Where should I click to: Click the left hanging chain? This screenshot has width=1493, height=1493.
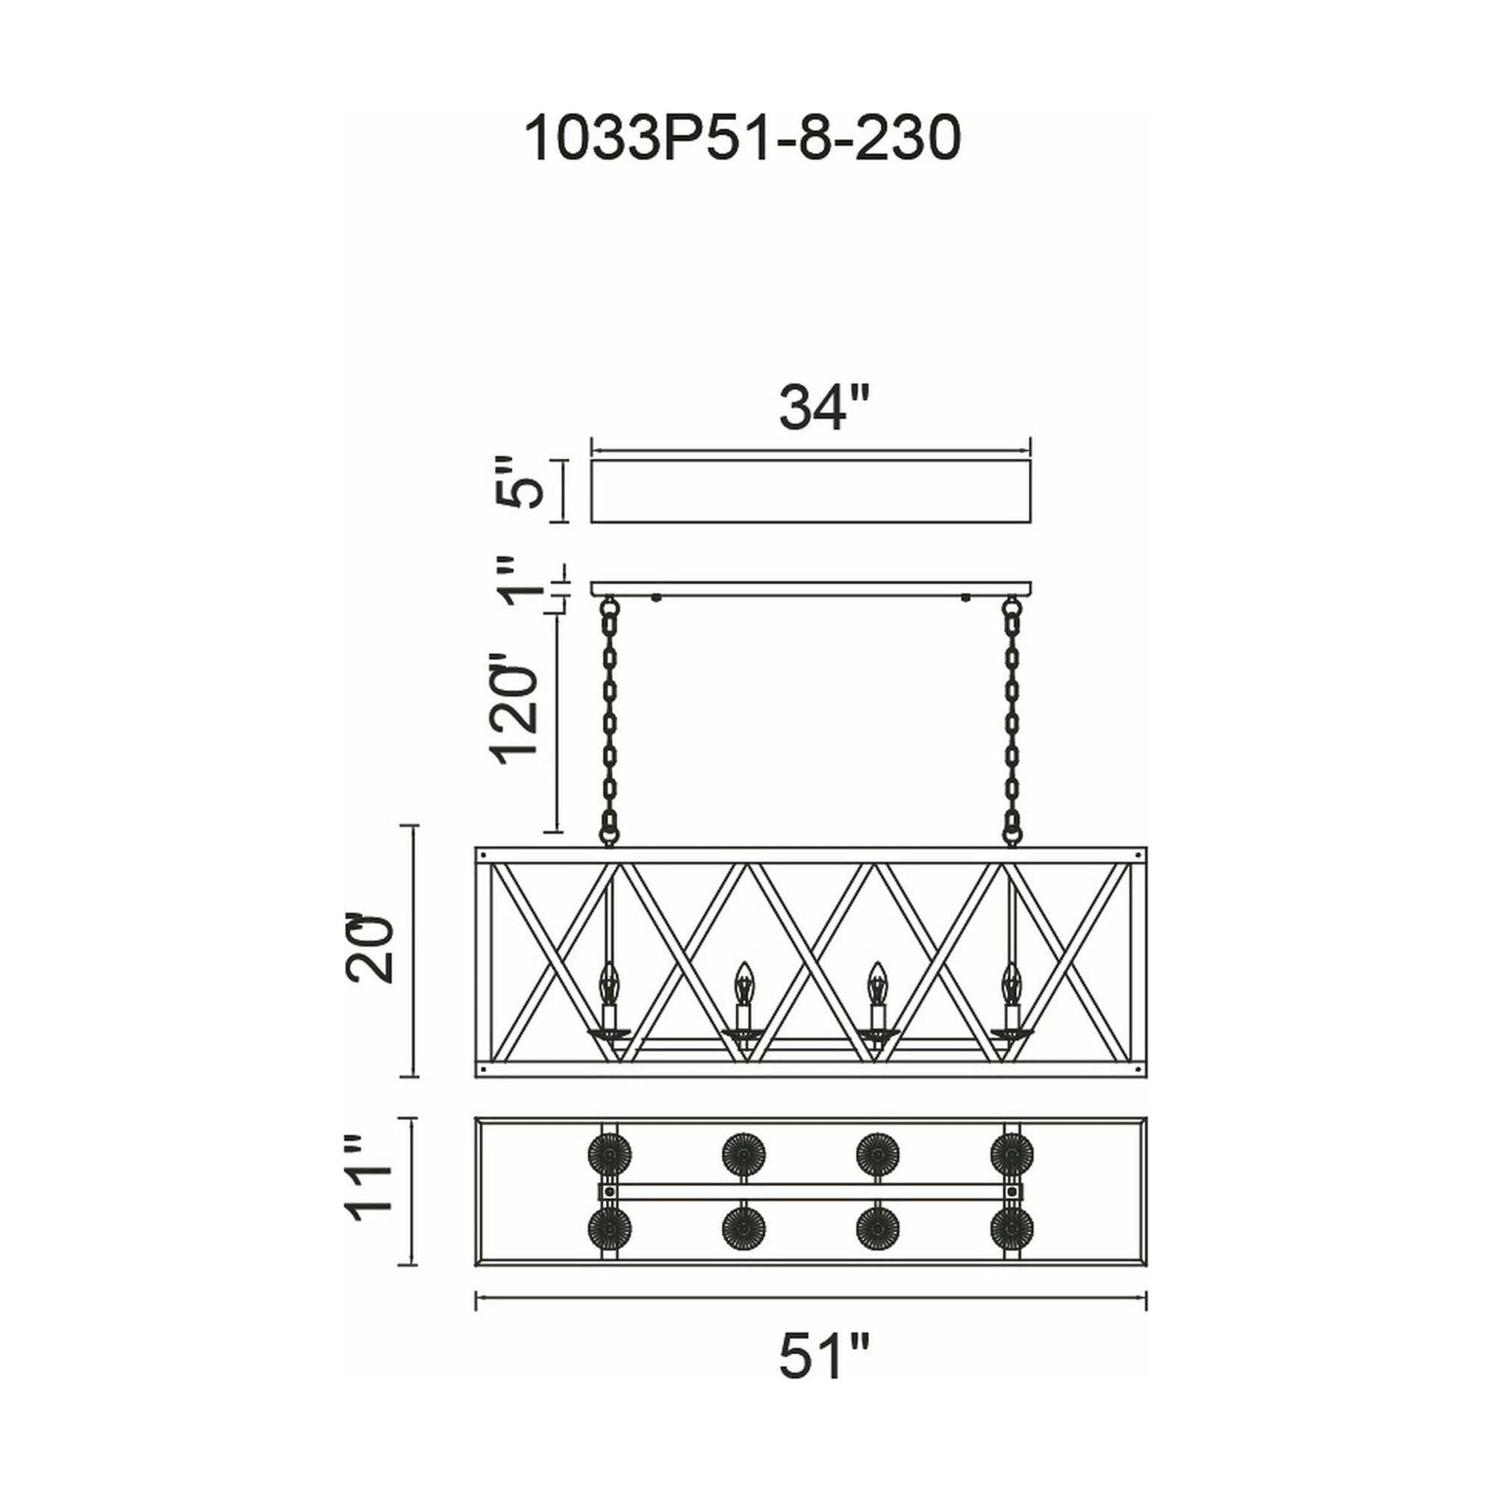coord(610,723)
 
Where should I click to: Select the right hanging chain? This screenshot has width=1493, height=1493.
coord(1011,723)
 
